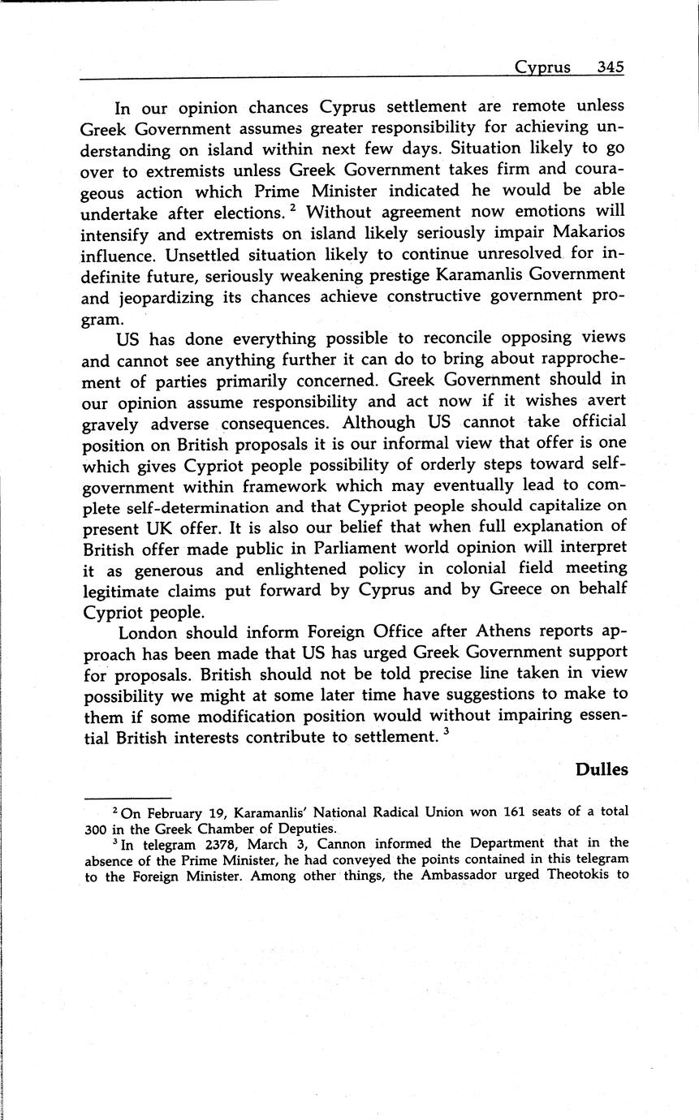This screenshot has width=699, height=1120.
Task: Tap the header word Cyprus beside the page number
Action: pos(542,67)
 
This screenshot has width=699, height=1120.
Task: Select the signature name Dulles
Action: pos(602,769)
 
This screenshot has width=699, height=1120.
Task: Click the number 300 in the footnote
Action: pos(96,829)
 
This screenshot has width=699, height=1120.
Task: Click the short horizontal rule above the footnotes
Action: pos(127,798)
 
